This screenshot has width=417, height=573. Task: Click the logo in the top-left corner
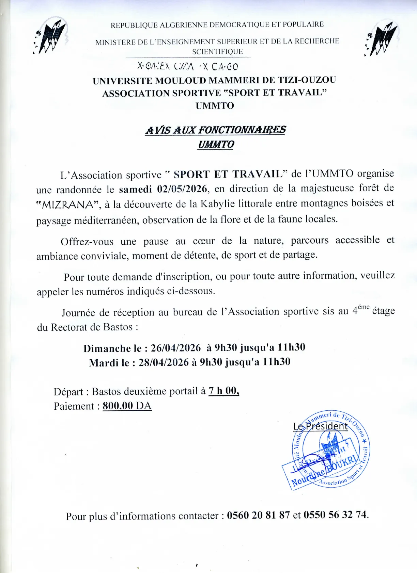pos(51,36)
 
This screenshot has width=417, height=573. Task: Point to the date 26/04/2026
pos(176,348)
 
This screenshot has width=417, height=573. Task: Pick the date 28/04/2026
pos(164,362)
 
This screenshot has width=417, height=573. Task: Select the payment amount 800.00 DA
pos(127,406)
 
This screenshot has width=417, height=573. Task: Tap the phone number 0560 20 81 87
pos(258,515)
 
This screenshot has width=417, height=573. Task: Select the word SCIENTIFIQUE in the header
pos(217,52)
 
